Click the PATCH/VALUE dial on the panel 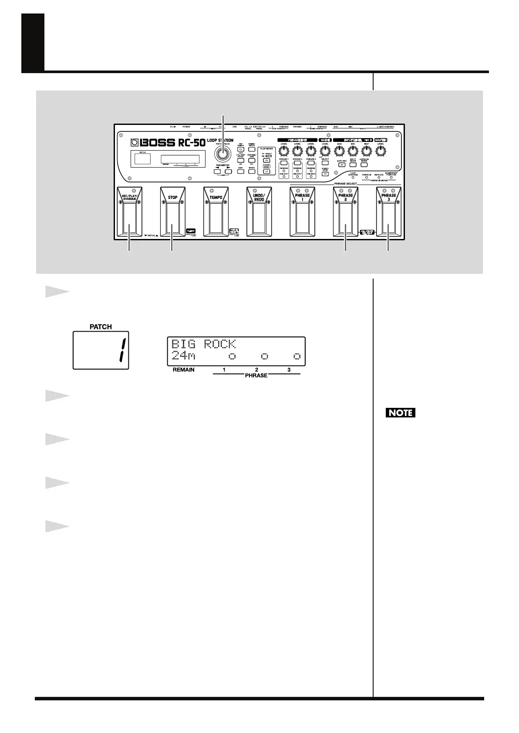[223, 154]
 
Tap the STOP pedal [172, 213]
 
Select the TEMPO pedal [216, 213]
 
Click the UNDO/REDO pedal [259, 213]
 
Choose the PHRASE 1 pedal [302, 213]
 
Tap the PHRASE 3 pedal [388, 213]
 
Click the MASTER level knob [381, 151]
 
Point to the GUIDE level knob [324, 151]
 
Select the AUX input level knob [339, 151]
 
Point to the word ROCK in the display [219, 344]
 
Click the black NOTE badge [401, 412]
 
